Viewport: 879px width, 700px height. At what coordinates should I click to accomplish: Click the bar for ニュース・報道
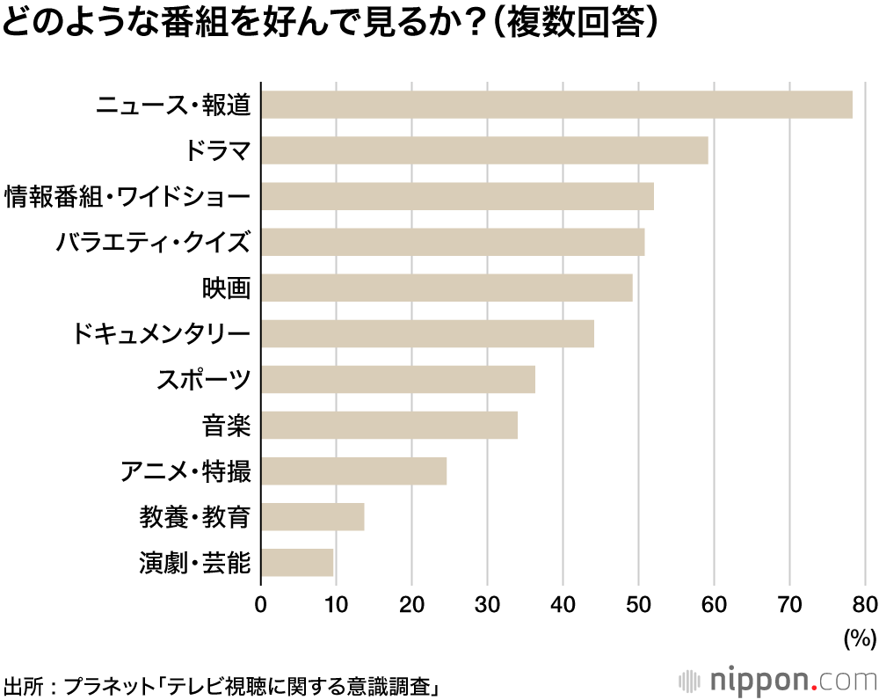[556, 105]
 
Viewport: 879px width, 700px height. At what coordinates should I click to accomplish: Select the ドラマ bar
[484, 150]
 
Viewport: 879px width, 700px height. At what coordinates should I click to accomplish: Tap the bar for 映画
[447, 288]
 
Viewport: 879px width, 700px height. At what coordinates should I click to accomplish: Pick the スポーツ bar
[398, 379]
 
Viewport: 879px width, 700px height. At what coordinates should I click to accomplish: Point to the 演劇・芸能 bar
[297, 562]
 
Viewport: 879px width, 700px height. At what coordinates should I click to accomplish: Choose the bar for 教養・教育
[313, 516]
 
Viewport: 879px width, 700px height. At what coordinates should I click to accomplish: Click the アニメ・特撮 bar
[353, 470]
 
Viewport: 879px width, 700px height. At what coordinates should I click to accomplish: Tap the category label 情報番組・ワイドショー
[127, 196]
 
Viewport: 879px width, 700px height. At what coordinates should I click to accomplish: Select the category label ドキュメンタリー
[162, 333]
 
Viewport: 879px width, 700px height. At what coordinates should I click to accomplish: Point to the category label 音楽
[227, 425]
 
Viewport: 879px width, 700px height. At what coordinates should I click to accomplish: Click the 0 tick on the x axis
[261, 604]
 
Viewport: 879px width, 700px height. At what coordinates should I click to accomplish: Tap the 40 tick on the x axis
[563, 604]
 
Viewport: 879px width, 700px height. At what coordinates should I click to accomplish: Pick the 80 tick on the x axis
[865, 604]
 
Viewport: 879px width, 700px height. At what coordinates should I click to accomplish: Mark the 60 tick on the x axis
[714, 604]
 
